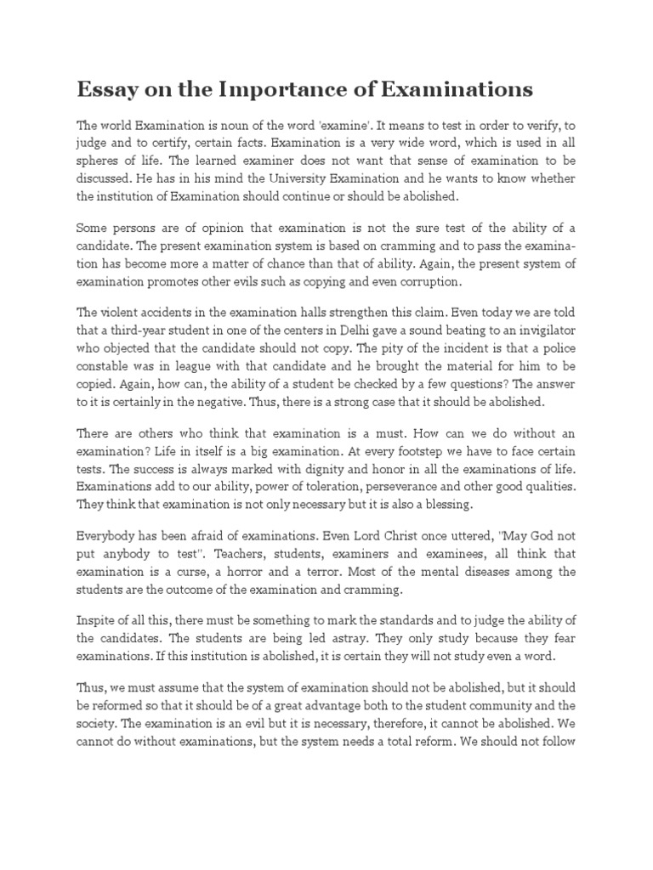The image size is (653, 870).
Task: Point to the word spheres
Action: click(100, 160)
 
